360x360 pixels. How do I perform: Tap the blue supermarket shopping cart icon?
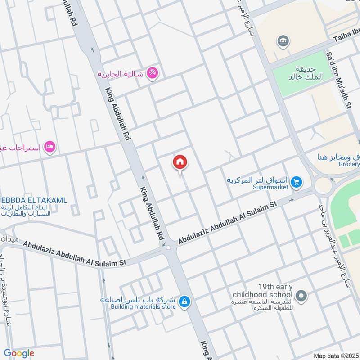point(296,182)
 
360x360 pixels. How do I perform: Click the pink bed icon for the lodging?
point(50,147)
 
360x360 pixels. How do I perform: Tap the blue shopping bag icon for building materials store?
point(184,303)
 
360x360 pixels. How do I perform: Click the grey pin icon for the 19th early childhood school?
point(302,296)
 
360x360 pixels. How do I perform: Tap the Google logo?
point(19,353)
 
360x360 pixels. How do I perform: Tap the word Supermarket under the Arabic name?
point(270,187)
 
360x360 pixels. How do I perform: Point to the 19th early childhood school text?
point(263,290)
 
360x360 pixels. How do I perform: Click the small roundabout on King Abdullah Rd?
point(168,247)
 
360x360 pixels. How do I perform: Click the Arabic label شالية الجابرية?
point(121,74)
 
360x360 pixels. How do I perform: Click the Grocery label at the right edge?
point(350,164)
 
